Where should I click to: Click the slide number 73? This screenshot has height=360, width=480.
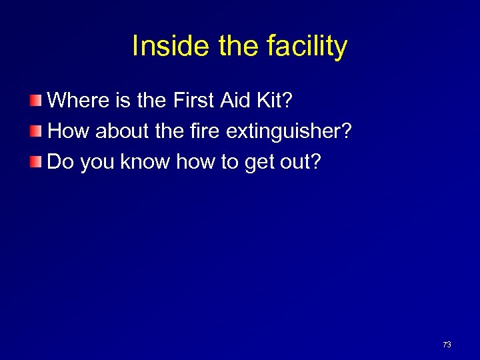[x=447, y=345]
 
